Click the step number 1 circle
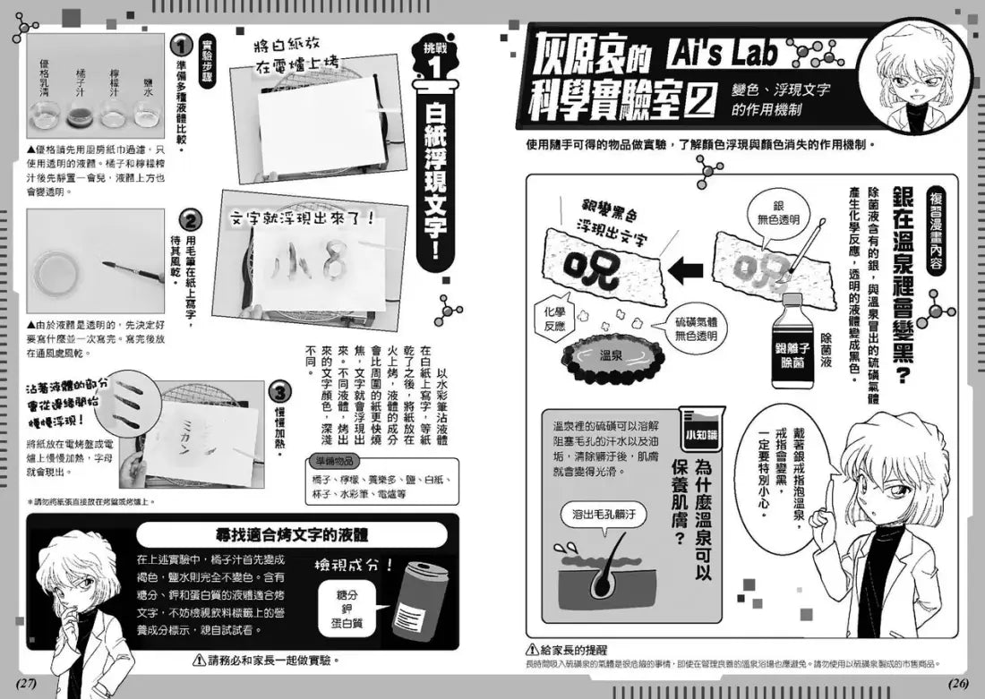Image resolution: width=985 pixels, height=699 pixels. click(183, 45)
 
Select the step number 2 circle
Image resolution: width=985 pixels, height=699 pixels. click(191, 219)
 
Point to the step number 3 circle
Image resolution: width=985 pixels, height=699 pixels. click(280, 391)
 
